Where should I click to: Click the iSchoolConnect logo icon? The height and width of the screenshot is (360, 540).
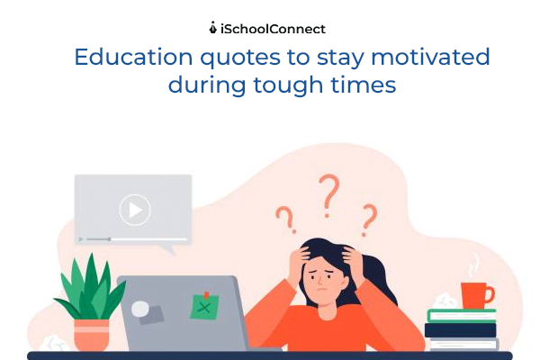pos(212,28)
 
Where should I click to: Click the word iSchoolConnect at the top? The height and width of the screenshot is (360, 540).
pos(273,28)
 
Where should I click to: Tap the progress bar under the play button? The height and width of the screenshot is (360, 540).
pos(133,239)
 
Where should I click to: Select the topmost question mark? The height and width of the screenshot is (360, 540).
pos(329,192)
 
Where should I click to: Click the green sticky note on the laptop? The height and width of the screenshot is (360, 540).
pos(205,306)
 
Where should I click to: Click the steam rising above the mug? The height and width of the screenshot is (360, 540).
pos(473,265)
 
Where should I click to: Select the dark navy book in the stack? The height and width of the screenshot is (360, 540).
pos(461,329)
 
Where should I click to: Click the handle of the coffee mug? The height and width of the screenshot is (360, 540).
pos(490,292)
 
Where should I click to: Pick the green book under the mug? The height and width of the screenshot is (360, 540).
pos(461,315)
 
